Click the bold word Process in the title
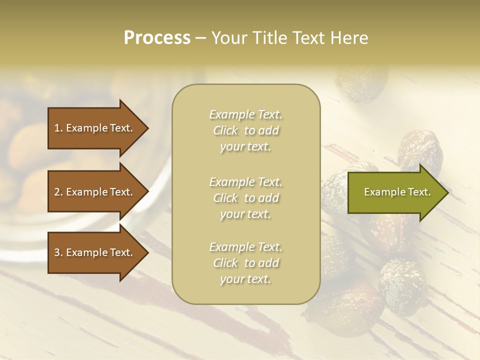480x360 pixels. pos(157,38)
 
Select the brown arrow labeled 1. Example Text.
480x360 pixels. pos(95,128)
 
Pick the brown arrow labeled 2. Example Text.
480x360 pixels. pos(95,192)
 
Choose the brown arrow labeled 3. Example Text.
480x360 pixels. pos(95,252)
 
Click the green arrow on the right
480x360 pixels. pos(395,192)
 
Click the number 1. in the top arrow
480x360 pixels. pos(58,128)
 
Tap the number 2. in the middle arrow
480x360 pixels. pos(58,192)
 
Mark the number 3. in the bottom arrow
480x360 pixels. pos(58,252)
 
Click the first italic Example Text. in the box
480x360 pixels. pos(245,114)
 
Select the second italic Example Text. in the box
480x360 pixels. pos(245,182)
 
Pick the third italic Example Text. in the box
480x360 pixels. pos(245,247)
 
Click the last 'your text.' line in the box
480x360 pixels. pos(245,279)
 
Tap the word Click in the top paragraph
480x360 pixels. pos(225,130)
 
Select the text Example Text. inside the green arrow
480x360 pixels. pos(397,192)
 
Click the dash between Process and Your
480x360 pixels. pos(201,38)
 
